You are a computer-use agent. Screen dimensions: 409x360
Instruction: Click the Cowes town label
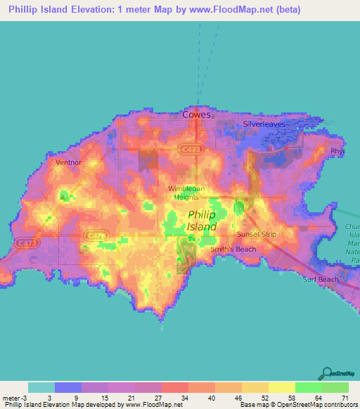196,114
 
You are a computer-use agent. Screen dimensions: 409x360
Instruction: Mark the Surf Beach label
320,279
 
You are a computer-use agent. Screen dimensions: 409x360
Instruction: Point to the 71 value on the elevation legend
344,398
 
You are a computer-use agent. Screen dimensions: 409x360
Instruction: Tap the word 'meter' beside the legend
11,398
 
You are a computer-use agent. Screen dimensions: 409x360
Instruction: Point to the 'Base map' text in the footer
253,405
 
